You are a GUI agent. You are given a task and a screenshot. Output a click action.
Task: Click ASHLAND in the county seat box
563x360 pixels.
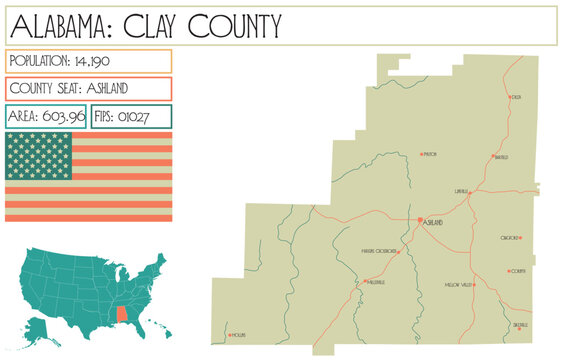(x=125, y=88)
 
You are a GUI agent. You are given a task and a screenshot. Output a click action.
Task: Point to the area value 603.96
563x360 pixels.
(x=63, y=116)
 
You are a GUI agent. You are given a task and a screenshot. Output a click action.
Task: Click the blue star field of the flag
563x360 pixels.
(x=39, y=155)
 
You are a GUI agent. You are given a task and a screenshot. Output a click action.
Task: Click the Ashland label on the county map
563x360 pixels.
(x=432, y=222)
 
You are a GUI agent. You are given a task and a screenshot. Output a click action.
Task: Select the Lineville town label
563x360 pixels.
(x=461, y=190)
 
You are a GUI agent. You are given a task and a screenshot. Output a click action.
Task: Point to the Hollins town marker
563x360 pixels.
(x=230, y=334)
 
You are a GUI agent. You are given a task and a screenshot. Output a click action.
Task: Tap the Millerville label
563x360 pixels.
(x=376, y=283)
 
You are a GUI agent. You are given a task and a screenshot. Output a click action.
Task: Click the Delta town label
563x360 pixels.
(x=516, y=98)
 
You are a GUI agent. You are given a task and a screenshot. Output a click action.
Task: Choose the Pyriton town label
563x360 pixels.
(x=431, y=155)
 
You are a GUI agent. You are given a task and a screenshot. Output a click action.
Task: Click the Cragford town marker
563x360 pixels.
(x=520, y=237)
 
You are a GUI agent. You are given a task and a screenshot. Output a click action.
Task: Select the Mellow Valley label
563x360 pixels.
(x=457, y=286)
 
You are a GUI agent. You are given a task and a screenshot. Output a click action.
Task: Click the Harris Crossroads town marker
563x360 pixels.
(x=400, y=252)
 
